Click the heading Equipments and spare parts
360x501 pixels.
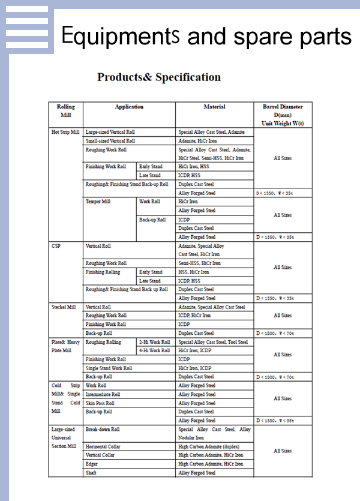pos(206,37)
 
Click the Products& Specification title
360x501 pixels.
pos(159,77)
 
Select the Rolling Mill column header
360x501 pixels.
pos(66,110)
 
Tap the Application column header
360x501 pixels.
pos(129,107)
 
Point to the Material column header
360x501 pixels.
pos(214,107)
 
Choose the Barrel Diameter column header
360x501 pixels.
pos(283,115)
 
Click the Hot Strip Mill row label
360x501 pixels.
pos(65,131)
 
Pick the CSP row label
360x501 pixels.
pos(56,246)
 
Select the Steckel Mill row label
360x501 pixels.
pos(64,307)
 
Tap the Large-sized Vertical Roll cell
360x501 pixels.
pos(110,131)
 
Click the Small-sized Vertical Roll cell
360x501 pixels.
pos(110,140)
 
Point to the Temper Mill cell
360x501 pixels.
pos(98,202)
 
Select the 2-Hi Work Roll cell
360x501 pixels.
pos(154,342)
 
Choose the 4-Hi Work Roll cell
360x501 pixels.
pos(154,350)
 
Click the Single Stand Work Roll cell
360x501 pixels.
pos(109,368)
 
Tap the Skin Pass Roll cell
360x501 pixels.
pos(100,403)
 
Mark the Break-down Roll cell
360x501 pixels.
pos(103,430)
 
